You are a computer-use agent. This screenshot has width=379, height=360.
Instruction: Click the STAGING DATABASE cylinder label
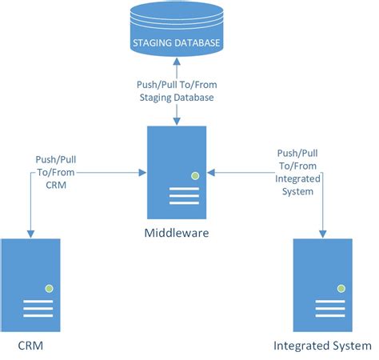(177, 43)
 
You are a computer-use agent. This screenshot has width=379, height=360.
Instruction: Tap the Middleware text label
(176, 234)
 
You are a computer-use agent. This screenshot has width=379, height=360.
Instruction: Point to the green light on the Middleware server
(193, 175)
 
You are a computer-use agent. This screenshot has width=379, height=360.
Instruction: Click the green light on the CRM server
(49, 286)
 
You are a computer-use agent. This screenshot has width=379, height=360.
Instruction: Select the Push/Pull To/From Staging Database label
(176, 91)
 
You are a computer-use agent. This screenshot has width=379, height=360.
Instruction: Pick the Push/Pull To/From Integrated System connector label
(297, 173)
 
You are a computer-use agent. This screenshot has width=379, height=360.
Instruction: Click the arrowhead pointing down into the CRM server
(30, 233)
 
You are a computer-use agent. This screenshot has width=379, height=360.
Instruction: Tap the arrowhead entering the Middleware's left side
(142, 171)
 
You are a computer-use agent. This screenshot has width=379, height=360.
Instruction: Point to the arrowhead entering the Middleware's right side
(212, 171)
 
